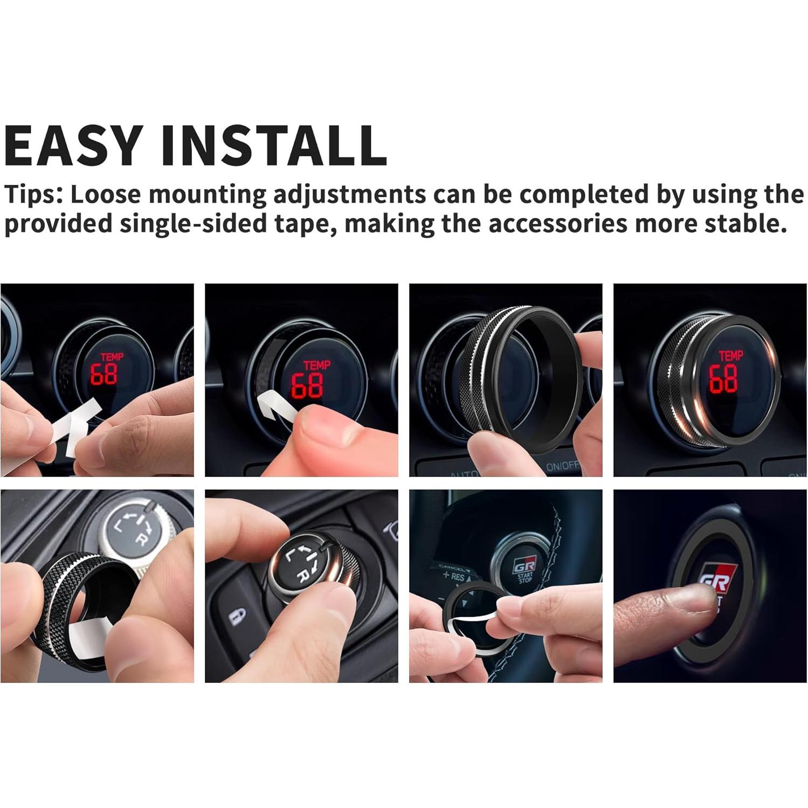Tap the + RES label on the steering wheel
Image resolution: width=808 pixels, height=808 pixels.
(453, 577)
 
